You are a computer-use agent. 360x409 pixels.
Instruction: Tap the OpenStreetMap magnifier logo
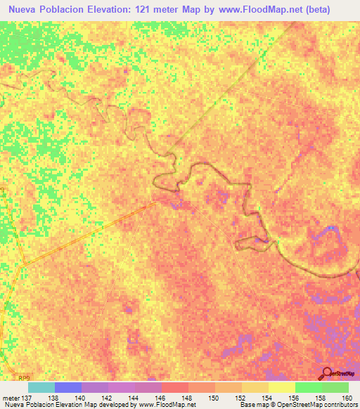[326, 373]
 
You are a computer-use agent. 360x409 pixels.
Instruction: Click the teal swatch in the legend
[41, 387]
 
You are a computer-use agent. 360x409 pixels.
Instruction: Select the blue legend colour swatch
[68, 387]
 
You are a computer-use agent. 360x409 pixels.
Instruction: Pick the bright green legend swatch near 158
[309, 387]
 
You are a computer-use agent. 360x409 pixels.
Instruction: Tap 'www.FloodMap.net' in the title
[265, 11]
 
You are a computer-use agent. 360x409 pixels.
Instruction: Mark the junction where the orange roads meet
[23, 264]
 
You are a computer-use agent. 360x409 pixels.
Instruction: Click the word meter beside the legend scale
[11, 398]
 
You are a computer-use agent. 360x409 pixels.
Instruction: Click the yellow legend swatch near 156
[282, 387]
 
